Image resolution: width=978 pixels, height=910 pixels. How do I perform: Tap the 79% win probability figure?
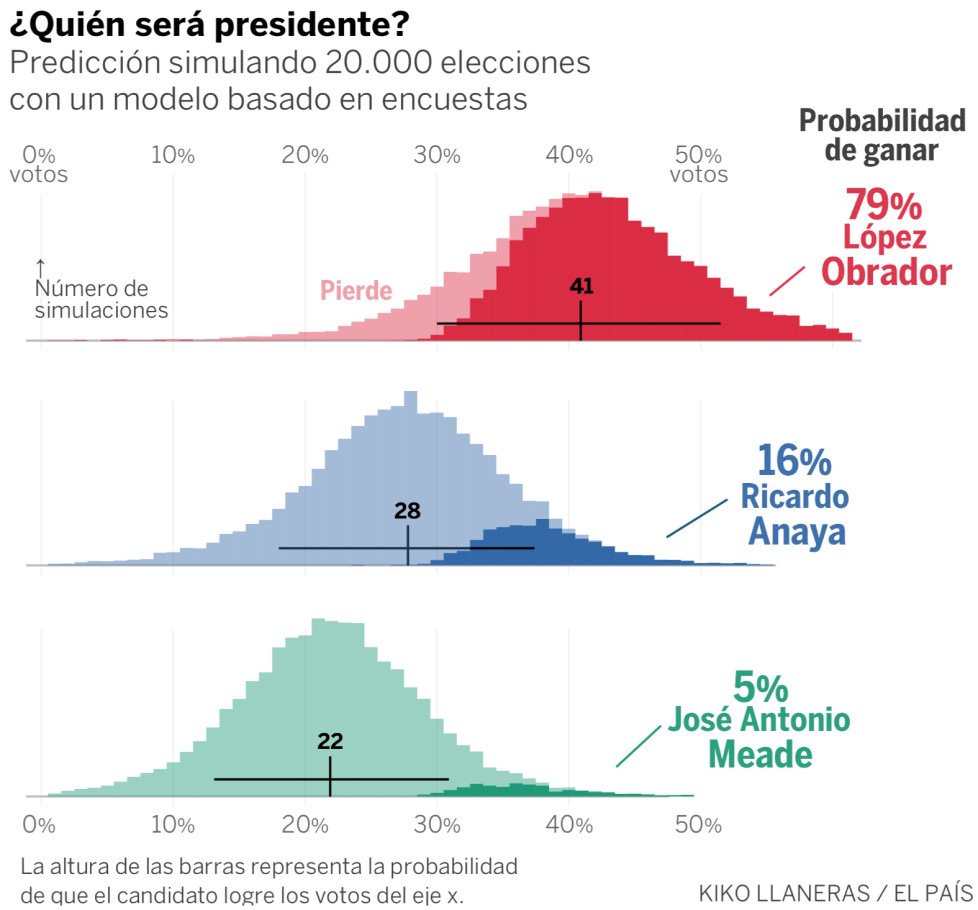click(x=883, y=205)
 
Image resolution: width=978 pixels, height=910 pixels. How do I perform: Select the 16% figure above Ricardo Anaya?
click(x=794, y=460)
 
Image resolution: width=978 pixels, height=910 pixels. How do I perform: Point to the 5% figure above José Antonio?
click(x=760, y=688)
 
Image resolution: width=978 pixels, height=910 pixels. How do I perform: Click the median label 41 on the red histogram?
click(x=581, y=286)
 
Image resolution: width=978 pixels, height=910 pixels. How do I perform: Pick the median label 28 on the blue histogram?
click(x=407, y=511)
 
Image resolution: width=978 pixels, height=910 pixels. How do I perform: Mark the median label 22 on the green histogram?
click(x=330, y=741)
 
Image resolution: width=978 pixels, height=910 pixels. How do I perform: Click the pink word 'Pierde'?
click(x=356, y=291)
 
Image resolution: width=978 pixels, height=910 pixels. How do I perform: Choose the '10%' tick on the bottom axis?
click(x=173, y=825)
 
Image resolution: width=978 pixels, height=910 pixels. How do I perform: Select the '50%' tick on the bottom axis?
click(x=698, y=825)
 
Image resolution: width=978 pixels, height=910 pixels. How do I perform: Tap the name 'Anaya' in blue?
click(x=797, y=531)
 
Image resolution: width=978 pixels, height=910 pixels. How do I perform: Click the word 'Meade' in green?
click(x=760, y=754)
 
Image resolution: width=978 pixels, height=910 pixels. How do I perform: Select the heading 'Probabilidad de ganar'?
click(x=882, y=135)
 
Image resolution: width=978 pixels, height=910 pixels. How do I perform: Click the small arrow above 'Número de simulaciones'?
click(x=40, y=268)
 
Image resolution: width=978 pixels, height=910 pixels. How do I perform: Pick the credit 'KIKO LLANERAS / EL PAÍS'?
click(x=835, y=893)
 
